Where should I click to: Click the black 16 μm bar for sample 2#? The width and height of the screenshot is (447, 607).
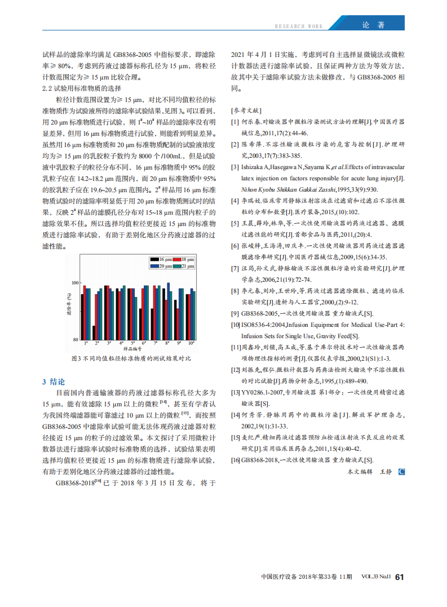click(94, 333)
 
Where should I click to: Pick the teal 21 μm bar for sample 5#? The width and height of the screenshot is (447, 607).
click(136, 318)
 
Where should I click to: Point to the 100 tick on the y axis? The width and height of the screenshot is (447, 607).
click(75, 282)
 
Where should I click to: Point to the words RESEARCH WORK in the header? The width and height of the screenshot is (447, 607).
click(299, 26)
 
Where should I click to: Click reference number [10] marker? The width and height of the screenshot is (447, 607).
click(235, 325)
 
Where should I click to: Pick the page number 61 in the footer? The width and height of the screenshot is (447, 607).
click(400, 577)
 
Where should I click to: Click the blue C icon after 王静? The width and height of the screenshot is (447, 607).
click(401, 471)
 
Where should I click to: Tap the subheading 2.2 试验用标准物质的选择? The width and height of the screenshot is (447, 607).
click(81, 88)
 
